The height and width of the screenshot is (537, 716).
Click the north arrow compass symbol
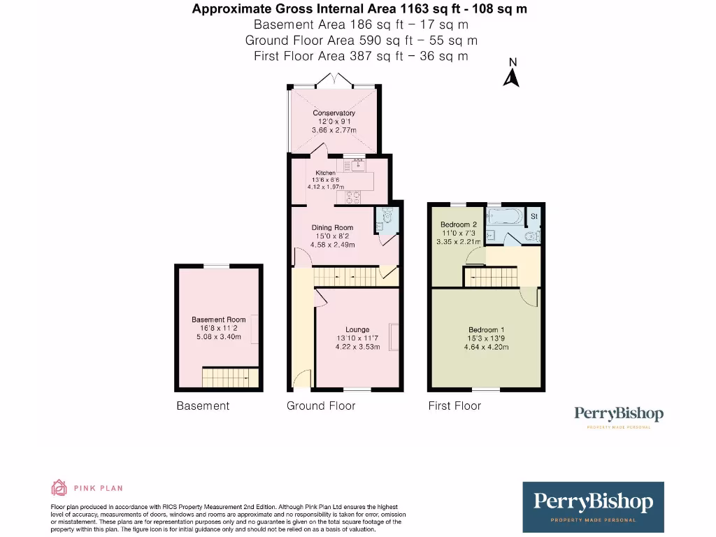pos(512,74)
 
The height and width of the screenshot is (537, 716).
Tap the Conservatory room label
pos(334,113)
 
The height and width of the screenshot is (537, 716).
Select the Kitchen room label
pos(325,173)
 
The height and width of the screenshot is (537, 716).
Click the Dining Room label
pos(332,227)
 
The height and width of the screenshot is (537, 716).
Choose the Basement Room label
pos(218,320)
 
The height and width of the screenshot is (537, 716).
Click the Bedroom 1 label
pos(485,330)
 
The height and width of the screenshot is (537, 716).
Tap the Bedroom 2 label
pos(459,224)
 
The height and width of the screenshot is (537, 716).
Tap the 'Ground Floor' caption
pos(321,406)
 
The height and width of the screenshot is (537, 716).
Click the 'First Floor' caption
pos(454,406)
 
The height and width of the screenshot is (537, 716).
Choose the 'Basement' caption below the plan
pos(203,406)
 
